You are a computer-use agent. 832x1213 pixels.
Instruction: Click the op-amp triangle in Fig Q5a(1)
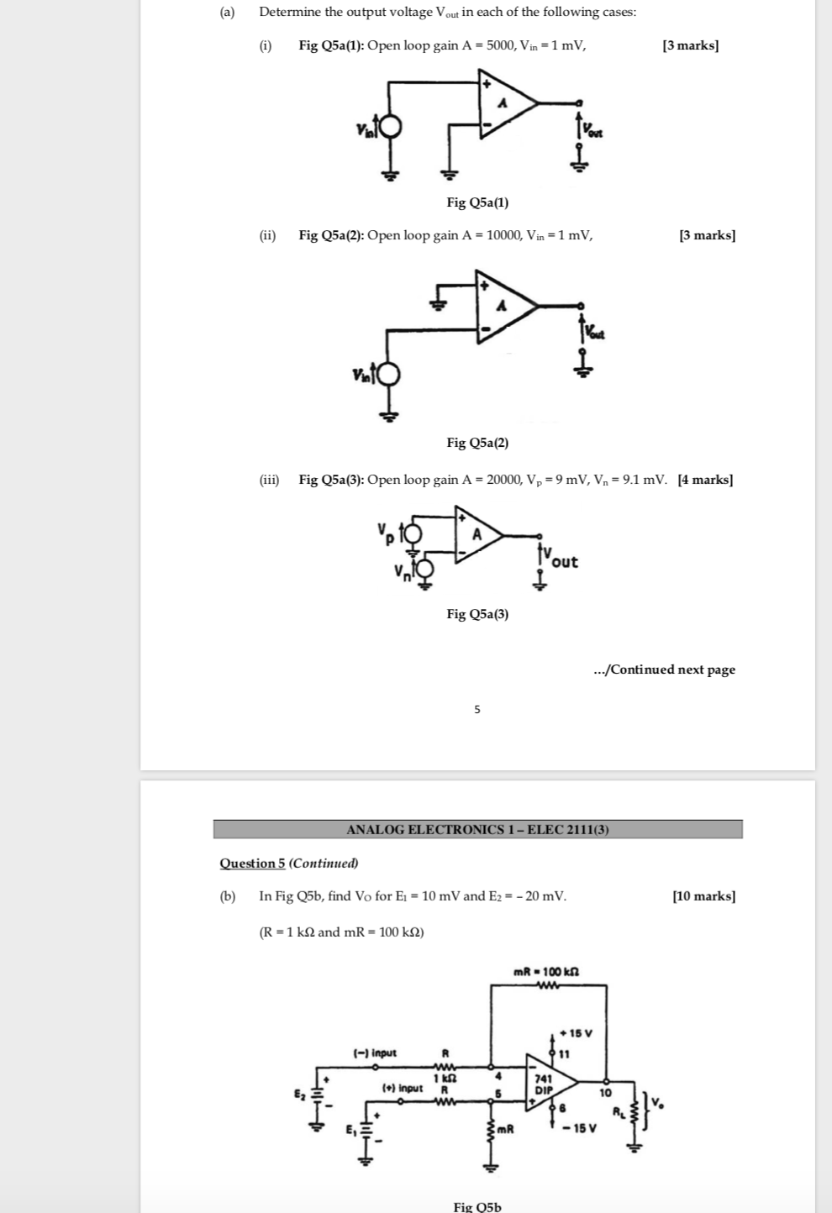point(504,104)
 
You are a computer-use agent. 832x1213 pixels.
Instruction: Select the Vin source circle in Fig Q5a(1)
point(390,128)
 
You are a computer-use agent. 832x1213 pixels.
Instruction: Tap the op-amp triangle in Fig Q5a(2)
point(503,307)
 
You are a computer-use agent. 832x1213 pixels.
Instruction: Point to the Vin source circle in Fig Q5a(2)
point(388,374)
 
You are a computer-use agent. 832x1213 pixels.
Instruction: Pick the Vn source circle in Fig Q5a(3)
point(426,570)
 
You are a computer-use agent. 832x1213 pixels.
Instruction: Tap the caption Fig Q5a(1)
point(477,202)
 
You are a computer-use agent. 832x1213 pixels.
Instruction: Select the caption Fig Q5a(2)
point(477,443)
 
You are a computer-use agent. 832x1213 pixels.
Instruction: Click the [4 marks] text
point(705,480)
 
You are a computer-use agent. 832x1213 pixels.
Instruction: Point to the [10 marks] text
point(703,896)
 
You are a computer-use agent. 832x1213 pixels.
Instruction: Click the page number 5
point(477,710)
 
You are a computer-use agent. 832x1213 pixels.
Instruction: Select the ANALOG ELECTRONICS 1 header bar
point(477,830)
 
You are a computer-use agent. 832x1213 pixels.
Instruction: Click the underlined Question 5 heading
point(252,864)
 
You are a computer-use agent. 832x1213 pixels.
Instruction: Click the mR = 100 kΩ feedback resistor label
point(546,972)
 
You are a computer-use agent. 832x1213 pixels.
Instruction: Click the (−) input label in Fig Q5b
point(375,1053)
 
